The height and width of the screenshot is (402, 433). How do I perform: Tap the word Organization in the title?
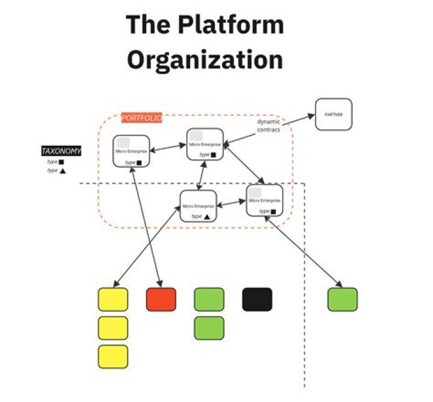coord(205,60)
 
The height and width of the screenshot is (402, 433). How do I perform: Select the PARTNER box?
coord(333,114)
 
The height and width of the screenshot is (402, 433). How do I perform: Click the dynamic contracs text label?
coord(268,125)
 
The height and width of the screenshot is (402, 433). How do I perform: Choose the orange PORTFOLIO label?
coord(141,118)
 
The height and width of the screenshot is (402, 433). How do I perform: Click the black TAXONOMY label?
coord(61,151)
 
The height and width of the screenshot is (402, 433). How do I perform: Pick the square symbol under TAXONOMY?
coord(61,162)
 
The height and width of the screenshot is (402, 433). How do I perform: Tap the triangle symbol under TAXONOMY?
coord(62,171)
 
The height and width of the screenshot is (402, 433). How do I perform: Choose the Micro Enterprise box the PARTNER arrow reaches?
coord(205,144)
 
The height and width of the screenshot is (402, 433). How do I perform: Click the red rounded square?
coord(161,299)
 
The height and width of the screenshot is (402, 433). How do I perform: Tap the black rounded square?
coord(257,299)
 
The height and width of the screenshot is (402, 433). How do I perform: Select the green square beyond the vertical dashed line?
coord(343,299)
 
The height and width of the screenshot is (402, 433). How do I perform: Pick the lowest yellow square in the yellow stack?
coord(113,356)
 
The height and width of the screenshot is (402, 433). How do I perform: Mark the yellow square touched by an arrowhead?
coord(113,299)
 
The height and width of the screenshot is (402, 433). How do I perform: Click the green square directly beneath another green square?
coord(209,328)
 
